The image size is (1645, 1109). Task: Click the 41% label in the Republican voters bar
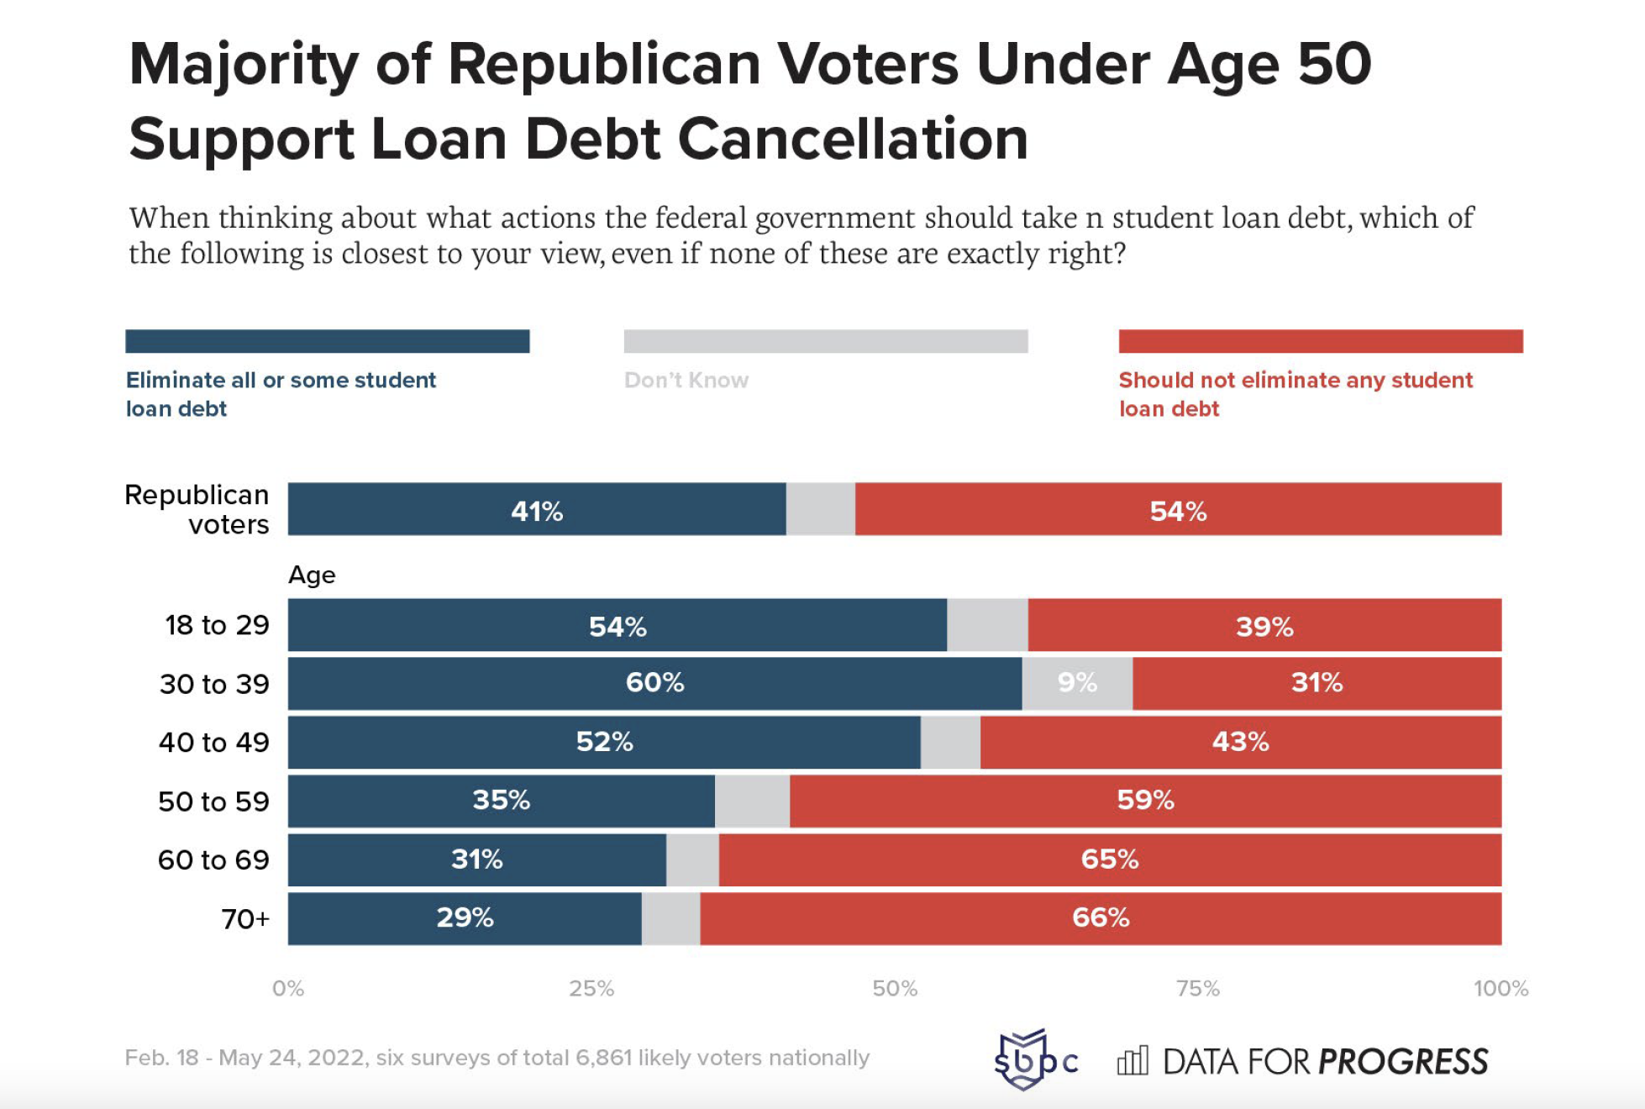(537, 511)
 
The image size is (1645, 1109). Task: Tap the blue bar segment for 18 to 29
(617, 626)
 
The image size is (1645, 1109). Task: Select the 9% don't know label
(1077, 682)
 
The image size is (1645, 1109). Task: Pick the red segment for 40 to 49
(1240, 742)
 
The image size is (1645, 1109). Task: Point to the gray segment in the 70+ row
(670, 918)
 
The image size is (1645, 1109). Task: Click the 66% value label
(1101, 917)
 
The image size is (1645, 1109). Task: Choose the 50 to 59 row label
(213, 802)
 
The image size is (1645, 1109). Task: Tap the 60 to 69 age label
(213, 860)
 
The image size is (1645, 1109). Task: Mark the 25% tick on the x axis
(591, 989)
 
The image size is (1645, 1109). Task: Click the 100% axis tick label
(1500, 989)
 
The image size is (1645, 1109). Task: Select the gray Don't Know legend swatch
(825, 341)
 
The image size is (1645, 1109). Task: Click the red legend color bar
(1320, 341)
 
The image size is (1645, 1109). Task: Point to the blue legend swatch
(327, 341)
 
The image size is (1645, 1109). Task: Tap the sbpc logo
(1034, 1060)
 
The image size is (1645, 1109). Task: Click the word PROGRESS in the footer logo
(1403, 1062)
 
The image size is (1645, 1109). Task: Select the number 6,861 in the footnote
(602, 1058)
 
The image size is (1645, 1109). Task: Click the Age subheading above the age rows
(312, 576)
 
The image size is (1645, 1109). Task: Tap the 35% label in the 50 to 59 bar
(501, 800)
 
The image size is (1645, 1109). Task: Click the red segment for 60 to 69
(1109, 859)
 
